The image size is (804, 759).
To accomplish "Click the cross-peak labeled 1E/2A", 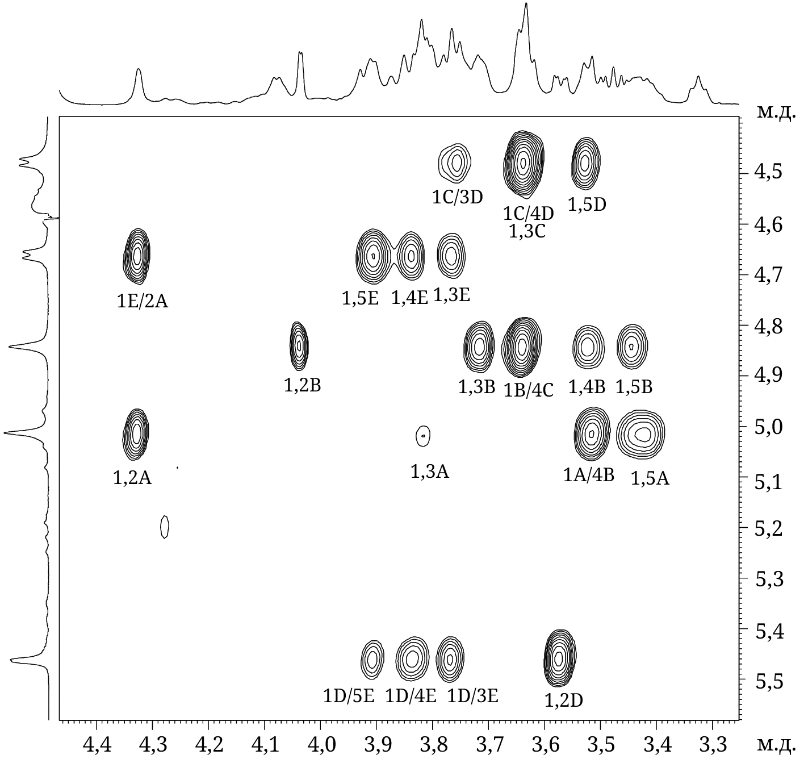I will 137,256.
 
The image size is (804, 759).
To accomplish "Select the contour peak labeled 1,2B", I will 299,345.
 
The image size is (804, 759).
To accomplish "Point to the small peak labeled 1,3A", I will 423,436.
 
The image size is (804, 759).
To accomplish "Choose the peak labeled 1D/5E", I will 372,659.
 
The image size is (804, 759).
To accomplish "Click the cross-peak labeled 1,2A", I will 136,433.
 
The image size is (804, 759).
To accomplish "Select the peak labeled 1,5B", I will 632,346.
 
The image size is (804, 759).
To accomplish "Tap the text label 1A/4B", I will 589,474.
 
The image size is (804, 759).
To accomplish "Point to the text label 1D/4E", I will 411,695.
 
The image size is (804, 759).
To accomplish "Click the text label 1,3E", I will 452,295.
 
